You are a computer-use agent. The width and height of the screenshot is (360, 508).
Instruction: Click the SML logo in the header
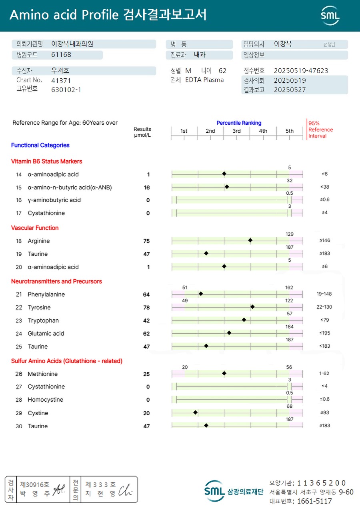(330, 16)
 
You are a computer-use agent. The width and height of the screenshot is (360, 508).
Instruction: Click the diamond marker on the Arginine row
(250, 240)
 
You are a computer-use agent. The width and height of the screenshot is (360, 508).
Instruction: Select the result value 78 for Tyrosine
(146, 307)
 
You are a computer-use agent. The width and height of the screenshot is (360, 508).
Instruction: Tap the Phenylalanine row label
(46, 295)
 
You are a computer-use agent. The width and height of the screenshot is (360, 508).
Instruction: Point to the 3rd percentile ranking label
(237, 131)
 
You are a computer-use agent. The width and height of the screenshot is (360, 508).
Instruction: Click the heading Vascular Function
(35, 228)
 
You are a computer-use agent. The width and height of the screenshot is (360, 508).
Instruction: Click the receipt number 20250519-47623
(301, 71)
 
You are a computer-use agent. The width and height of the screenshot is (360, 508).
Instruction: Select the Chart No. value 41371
(61, 80)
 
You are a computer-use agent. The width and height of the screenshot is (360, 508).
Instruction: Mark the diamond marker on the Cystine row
(196, 412)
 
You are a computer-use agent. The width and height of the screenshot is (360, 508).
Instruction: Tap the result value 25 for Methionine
(146, 374)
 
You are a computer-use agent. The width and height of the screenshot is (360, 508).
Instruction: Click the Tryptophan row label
(44, 321)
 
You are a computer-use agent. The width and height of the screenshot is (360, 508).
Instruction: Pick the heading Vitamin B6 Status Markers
(46, 161)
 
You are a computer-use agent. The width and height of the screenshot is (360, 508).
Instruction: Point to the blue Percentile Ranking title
(239, 123)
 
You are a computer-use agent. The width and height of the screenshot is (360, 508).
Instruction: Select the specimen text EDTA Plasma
(204, 80)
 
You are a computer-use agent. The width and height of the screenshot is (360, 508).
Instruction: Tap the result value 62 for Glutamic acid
(146, 334)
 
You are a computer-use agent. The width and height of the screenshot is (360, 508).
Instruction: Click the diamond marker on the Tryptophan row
(244, 320)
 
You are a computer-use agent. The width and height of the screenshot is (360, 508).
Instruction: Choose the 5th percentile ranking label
(290, 131)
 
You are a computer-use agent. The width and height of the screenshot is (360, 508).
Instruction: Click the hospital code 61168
(61, 55)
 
